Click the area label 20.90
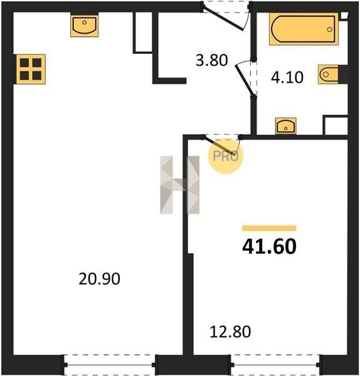click(99, 279)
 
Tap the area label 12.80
click(230, 332)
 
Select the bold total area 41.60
click(269, 247)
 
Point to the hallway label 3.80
click(211, 60)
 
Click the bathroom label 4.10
click(287, 77)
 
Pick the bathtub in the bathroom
click(304, 29)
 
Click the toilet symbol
click(328, 75)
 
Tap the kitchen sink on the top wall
click(84, 26)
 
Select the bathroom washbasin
click(285, 126)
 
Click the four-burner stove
click(31, 70)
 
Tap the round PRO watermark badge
click(225, 156)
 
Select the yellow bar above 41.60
click(269, 228)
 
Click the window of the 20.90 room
click(109, 365)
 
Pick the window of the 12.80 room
click(275, 365)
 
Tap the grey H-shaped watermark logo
click(180, 185)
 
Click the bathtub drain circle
click(329, 29)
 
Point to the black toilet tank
click(343, 75)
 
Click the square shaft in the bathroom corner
click(336, 125)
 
